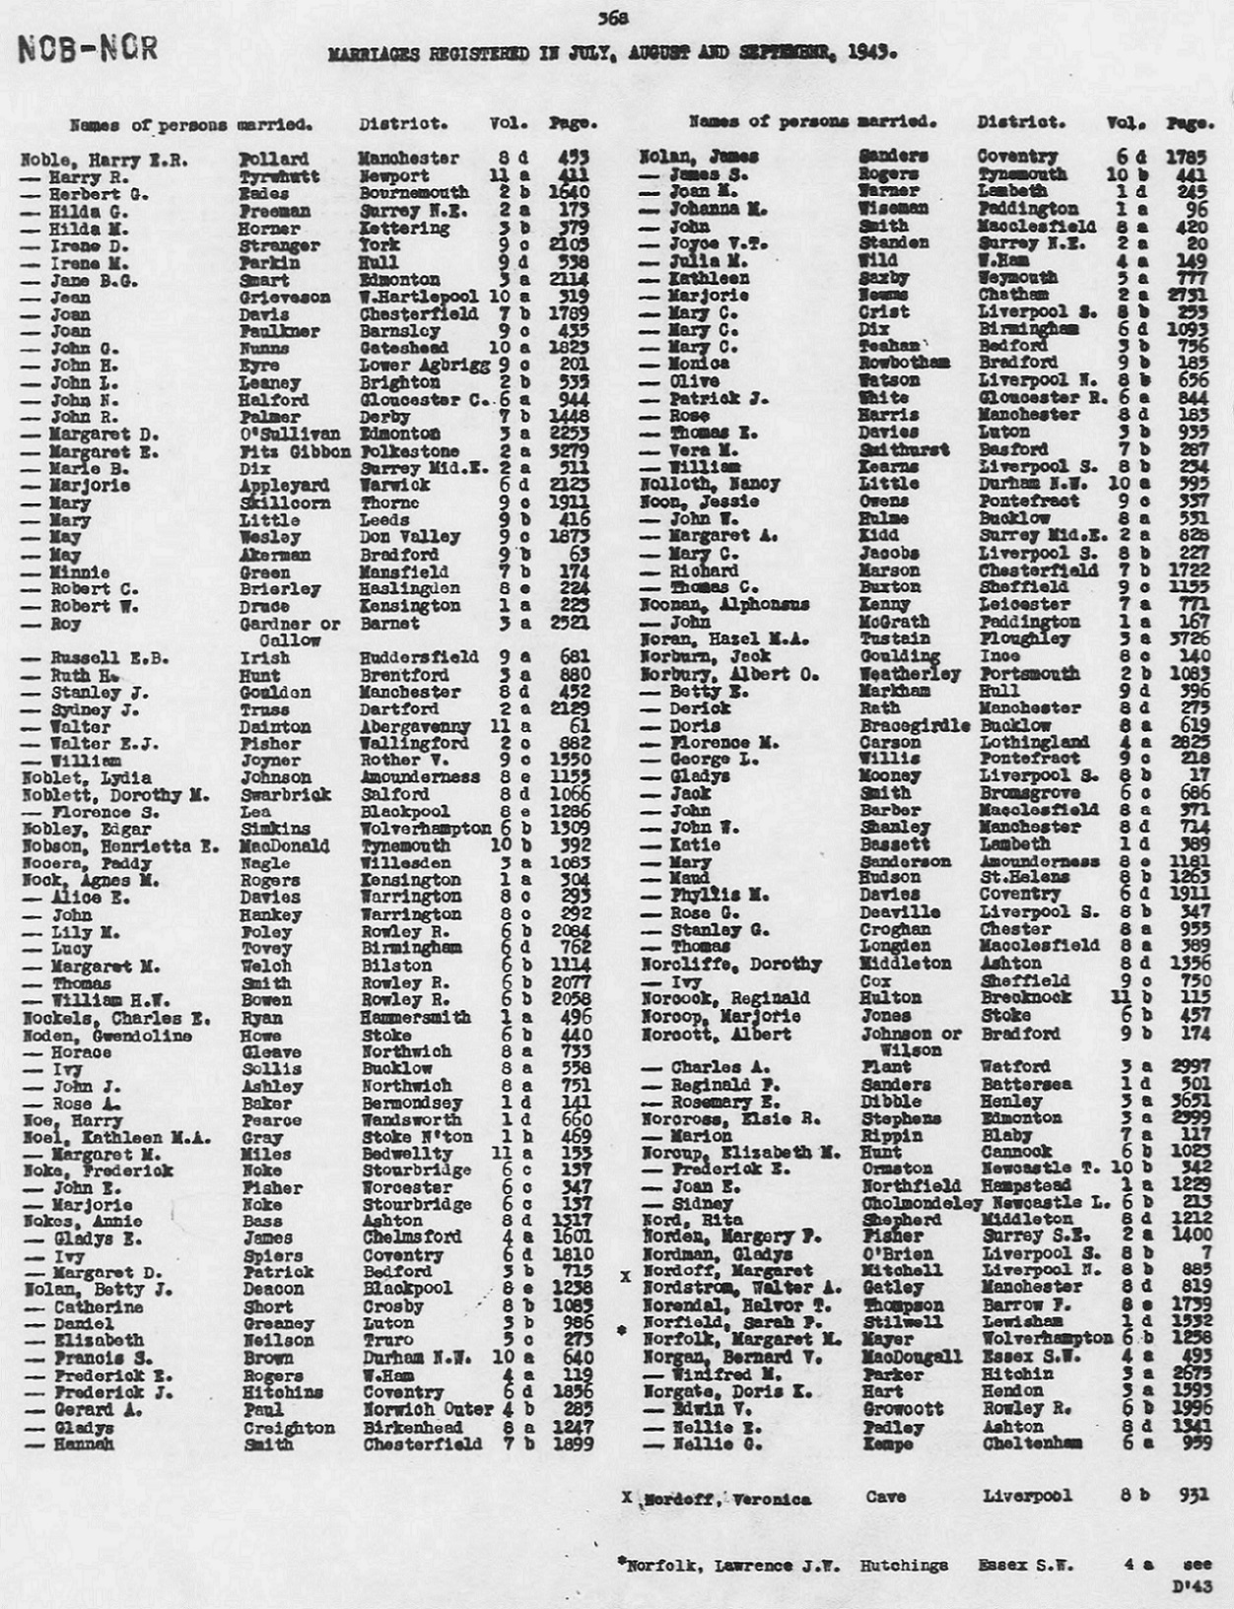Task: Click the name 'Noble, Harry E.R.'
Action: click(104, 160)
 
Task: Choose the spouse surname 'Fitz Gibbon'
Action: click(295, 451)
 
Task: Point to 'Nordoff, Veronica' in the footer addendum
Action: click(727, 1500)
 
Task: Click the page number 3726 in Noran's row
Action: click(1190, 638)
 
